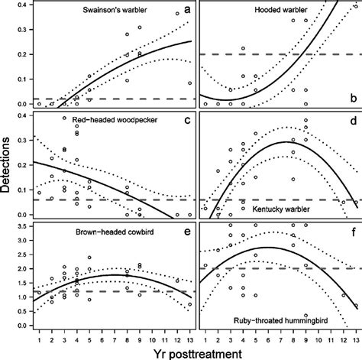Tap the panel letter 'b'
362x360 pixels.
pos(352,99)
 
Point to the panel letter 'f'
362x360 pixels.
pos(352,231)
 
